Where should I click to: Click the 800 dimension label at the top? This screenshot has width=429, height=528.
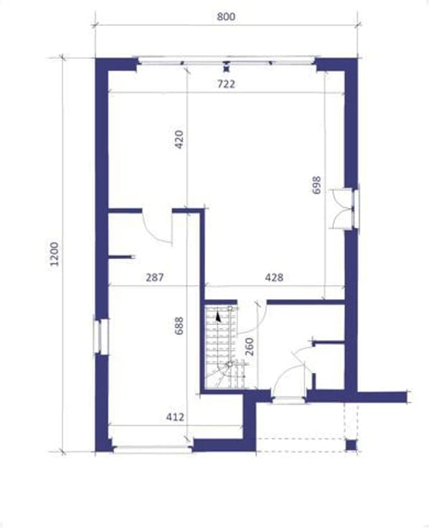tap(225, 16)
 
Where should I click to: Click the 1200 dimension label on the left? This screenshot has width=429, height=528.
tap(54, 254)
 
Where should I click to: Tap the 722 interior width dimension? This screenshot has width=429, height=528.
tap(225, 84)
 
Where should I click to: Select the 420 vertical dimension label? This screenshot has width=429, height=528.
tap(179, 139)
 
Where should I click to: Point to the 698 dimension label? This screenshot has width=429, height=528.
tap(316, 185)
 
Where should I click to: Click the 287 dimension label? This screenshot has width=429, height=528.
tap(154, 277)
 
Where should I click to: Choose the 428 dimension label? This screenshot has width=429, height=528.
tap(274, 277)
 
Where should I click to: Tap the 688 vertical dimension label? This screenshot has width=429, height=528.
tap(179, 326)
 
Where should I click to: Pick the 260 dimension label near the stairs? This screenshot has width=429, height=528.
tap(249, 346)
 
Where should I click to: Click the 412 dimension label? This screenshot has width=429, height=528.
tap(175, 417)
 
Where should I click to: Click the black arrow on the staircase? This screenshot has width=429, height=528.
tap(218, 317)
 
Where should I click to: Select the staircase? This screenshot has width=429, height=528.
tap(225, 346)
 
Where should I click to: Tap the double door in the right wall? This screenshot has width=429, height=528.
tap(344, 209)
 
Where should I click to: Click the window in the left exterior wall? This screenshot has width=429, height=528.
tap(101, 336)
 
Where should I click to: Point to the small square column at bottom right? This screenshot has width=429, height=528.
tap(351, 445)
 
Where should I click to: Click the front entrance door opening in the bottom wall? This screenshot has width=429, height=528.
tap(289, 400)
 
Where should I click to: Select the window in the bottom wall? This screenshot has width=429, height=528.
tap(153, 449)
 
